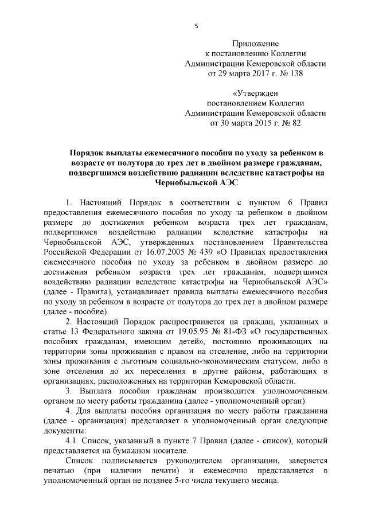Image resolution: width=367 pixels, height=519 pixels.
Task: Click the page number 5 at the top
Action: click(x=196, y=26)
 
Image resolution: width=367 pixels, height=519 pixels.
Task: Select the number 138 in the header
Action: click(x=295, y=73)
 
